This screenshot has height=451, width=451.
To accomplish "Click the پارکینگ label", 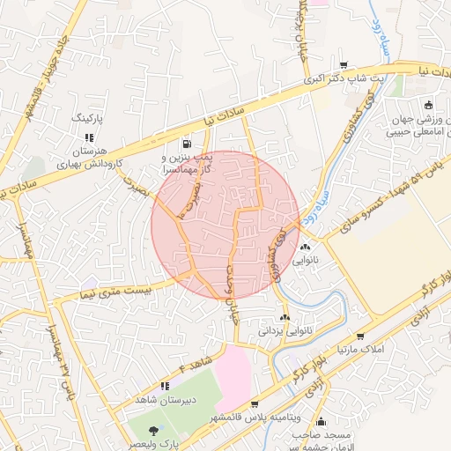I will (x=87, y=116).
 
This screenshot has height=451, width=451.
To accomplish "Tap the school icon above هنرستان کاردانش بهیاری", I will (x=88, y=137).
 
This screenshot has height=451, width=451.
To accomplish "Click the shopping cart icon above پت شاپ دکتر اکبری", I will (x=343, y=64).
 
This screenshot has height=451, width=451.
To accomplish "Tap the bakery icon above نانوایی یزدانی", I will (x=284, y=317).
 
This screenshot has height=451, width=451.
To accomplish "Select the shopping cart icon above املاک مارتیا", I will (x=360, y=336).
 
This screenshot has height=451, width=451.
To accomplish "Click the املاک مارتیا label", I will (x=362, y=351).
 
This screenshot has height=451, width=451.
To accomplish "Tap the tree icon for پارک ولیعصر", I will (x=155, y=430).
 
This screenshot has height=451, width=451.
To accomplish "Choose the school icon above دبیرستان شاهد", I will (x=164, y=385).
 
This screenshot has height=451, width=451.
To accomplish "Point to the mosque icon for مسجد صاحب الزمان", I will (x=322, y=421).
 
